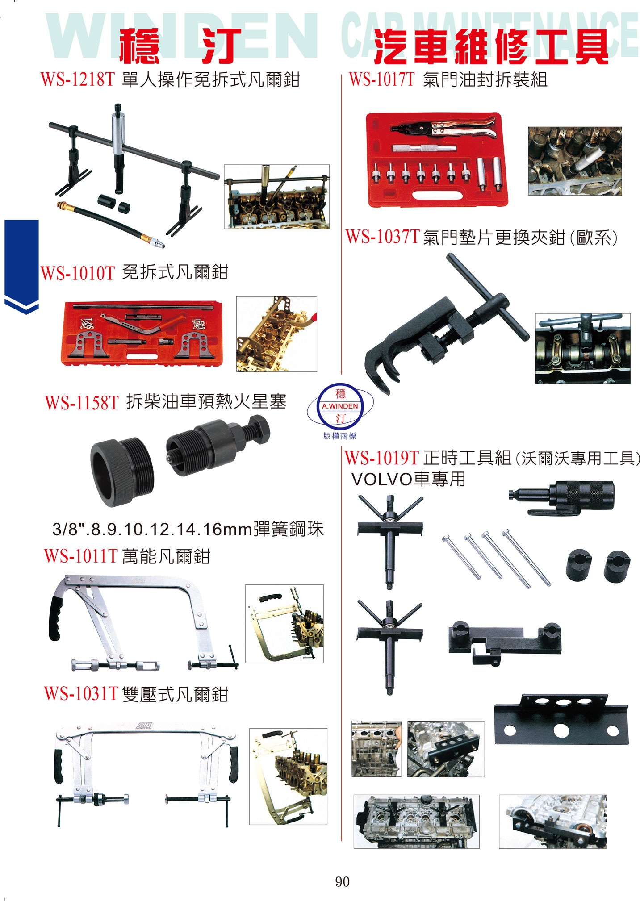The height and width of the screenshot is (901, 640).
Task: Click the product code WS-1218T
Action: [78, 79]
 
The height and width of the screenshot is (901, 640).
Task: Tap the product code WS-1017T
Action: [382, 79]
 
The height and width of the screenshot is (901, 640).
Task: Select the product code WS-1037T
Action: [383, 237]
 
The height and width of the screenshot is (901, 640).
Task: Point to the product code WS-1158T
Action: [82, 403]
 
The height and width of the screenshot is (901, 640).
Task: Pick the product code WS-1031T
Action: [81, 693]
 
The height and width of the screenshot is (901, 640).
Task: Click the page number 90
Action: [342, 881]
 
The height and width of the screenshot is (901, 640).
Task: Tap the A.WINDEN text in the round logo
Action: [340, 406]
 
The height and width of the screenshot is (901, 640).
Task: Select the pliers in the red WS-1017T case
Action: [443, 128]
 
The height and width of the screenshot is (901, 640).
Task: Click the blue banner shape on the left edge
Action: [21, 266]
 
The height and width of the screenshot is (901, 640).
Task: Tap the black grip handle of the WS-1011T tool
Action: [55, 618]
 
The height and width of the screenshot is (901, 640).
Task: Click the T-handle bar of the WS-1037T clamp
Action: [487, 297]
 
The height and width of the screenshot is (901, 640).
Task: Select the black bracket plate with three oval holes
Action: [561, 719]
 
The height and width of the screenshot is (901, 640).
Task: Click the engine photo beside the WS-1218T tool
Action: [276, 196]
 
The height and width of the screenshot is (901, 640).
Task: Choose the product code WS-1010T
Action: [78, 273]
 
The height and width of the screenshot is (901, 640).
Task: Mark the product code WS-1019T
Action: [382, 458]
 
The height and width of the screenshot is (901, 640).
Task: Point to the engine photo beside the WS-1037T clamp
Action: [583, 348]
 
